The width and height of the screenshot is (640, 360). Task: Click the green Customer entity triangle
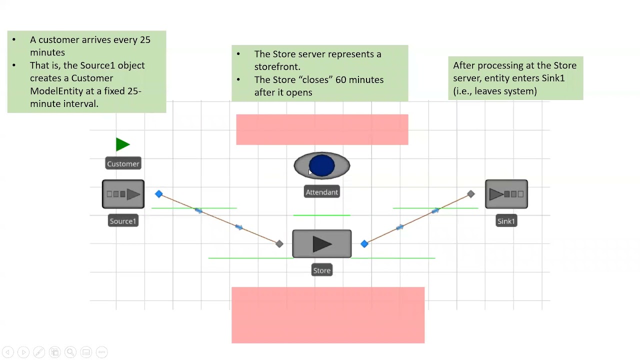pyautogui.click(x=122, y=144)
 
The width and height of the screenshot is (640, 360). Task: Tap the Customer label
pyautogui.click(x=123, y=164)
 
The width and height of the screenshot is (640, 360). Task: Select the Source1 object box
pyautogui.click(x=123, y=194)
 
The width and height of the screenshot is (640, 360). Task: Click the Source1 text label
pyautogui.click(x=123, y=221)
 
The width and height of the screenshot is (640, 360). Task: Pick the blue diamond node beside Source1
pyautogui.click(x=158, y=194)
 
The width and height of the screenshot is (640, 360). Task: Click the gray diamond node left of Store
pyautogui.click(x=279, y=244)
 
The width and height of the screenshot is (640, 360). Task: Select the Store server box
pyautogui.click(x=321, y=244)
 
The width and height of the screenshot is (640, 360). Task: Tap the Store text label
pyautogui.click(x=321, y=270)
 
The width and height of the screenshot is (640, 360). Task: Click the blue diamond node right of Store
pyautogui.click(x=364, y=244)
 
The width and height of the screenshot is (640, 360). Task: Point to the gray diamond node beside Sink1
pyautogui.click(x=470, y=194)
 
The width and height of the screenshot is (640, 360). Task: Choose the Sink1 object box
pyautogui.click(x=506, y=194)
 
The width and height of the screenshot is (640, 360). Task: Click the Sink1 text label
pyautogui.click(x=506, y=221)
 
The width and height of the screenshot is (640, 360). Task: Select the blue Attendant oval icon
pyautogui.click(x=321, y=166)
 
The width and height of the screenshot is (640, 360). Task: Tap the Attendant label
pyautogui.click(x=321, y=192)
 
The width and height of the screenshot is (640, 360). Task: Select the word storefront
pyautogui.click(x=276, y=67)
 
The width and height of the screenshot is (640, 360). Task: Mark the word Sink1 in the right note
pyautogui.click(x=553, y=78)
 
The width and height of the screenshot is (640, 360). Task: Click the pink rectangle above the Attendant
pyautogui.click(x=322, y=129)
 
